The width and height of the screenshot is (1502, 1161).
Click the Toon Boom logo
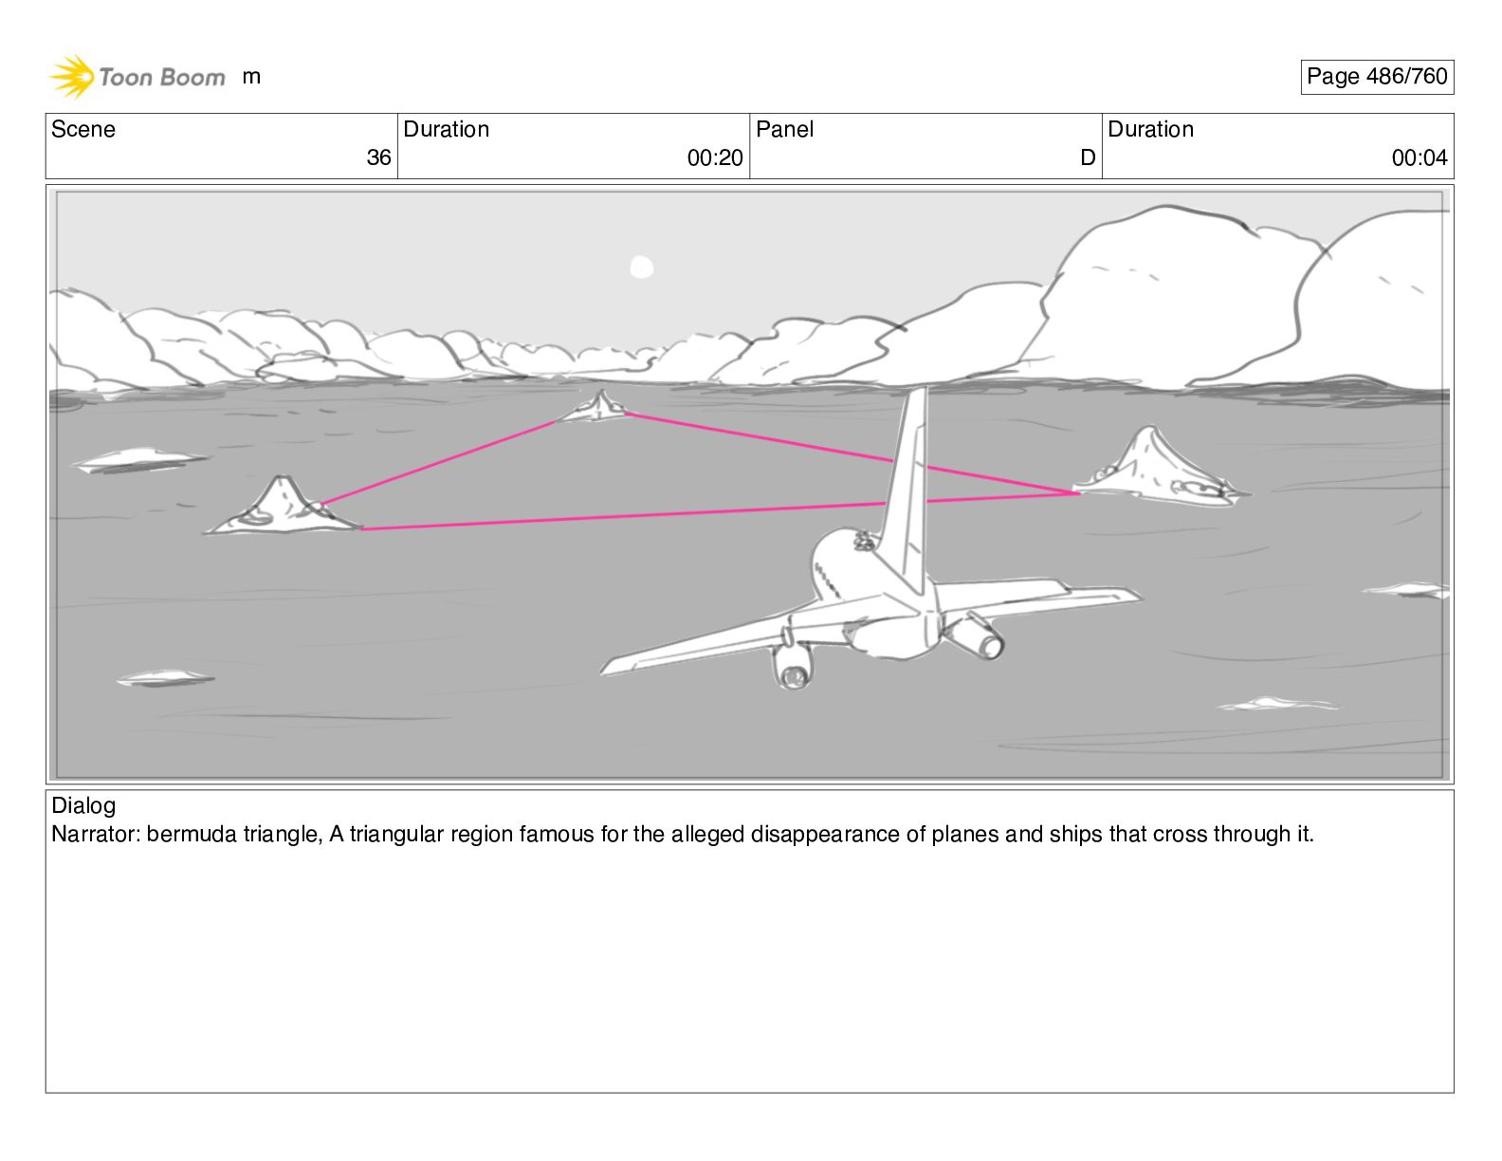point(137,77)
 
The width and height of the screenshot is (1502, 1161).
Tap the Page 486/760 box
point(1376,77)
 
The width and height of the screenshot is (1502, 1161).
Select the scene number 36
point(378,158)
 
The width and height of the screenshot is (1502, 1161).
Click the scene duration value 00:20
point(715,158)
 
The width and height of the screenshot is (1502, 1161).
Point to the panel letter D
point(1088,158)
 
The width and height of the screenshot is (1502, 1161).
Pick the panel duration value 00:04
point(1419,158)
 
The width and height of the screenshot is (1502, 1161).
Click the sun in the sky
point(642,267)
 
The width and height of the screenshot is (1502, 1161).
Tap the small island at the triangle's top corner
point(597,407)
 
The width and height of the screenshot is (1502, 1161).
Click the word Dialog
point(83,806)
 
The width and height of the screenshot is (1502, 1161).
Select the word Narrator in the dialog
point(95,835)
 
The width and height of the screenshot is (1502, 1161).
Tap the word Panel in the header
point(784,129)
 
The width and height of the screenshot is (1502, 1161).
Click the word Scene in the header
point(83,129)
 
